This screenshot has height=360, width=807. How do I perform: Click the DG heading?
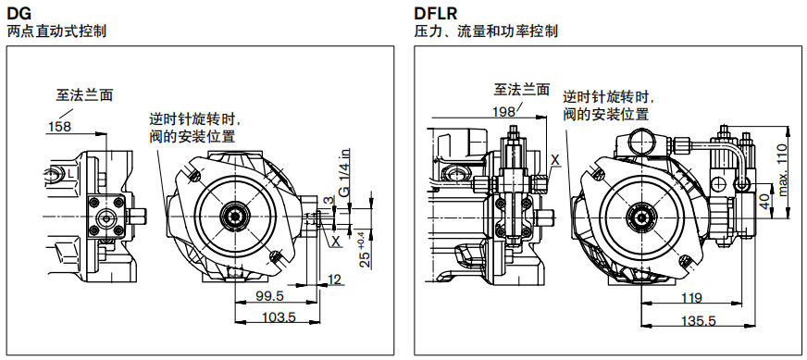(19, 13)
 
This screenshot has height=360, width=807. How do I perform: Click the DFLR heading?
(435, 13)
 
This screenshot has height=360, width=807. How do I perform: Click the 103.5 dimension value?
(277, 317)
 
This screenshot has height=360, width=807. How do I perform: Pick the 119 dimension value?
(691, 298)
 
